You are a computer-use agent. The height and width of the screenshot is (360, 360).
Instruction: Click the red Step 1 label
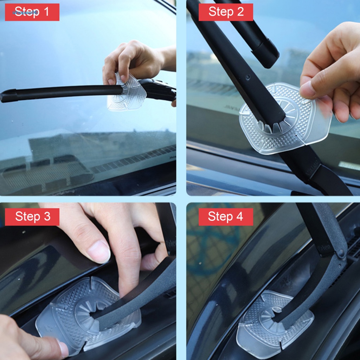point(32,12)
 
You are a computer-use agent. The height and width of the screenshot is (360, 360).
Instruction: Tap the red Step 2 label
point(226,12)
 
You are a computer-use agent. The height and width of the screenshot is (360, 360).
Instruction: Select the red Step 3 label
point(32,217)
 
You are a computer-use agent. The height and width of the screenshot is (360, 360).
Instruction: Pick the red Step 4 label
point(226,217)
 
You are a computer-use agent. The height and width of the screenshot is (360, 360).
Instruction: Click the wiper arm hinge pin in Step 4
point(340,253)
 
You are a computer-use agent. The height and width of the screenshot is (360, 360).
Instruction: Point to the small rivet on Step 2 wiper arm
point(248,77)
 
